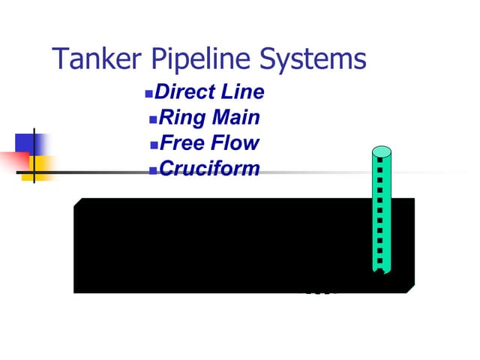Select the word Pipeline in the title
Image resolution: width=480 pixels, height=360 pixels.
pyautogui.click(x=193, y=59)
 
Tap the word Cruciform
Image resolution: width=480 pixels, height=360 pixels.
pyautogui.click(x=209, y=168)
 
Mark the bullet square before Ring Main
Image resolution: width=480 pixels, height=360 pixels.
pyautogui.click(x=154, y=119)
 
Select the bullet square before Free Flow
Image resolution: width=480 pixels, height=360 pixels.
pyautogui.click(x=154, y=145)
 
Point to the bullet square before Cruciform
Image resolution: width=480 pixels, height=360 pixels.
pyautogui.click(x=154, y=170)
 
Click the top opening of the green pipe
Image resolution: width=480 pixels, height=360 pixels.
pyautogui.click(x=382, y=151)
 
